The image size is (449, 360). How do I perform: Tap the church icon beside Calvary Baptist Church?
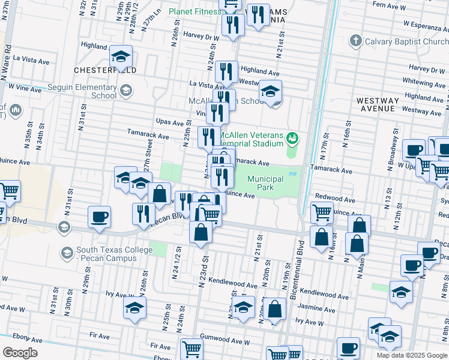pos(355,41)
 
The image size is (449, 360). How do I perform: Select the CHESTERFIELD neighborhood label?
pos(105,70)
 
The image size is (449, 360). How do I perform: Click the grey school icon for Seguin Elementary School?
pos(125,91)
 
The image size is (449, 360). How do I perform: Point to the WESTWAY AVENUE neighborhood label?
pos(377,104)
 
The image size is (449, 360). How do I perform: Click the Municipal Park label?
pos(265,184)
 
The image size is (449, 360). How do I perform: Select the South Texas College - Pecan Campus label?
pos(107,254)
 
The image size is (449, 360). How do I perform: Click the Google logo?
pos(20,352)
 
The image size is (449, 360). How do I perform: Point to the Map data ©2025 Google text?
pos(411,355)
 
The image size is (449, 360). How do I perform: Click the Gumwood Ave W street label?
pos(224,340)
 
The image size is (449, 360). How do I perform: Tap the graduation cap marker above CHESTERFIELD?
pos(121,57)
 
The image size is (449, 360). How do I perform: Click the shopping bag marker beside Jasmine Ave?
pos(275,310)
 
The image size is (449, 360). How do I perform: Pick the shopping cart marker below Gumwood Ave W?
pos(191,349)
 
